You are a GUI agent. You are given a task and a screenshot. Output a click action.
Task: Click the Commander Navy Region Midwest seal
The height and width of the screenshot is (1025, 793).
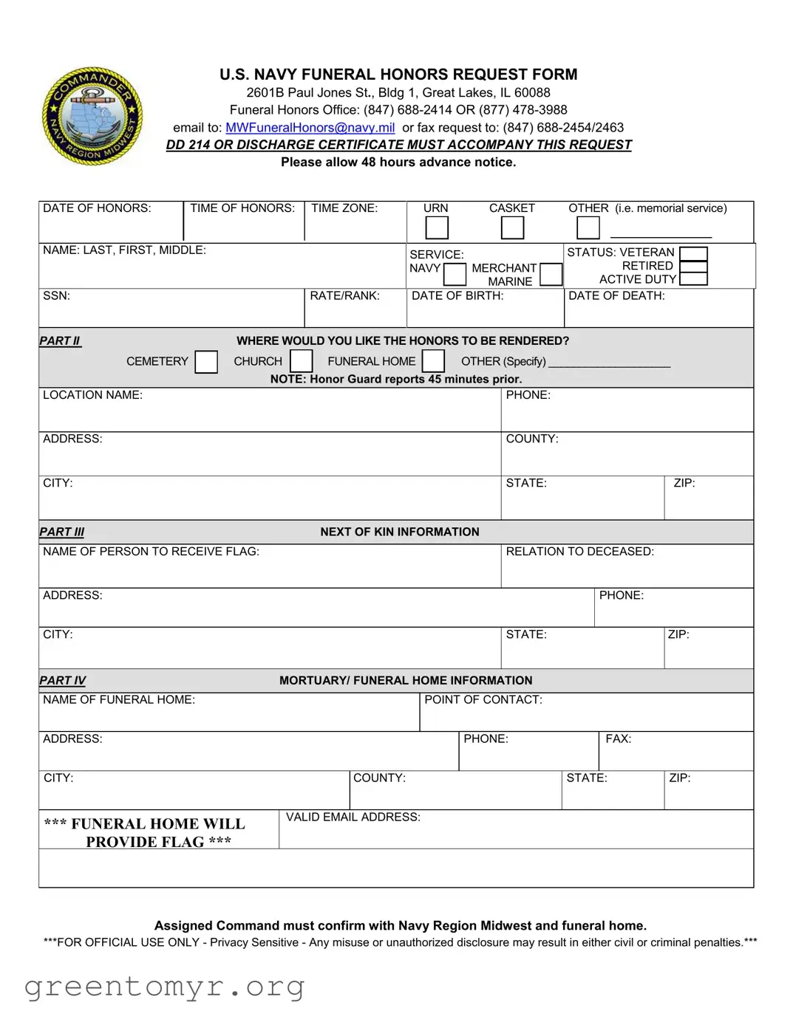point(92,116)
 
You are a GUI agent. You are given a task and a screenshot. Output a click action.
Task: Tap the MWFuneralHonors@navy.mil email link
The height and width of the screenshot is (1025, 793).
point(310,128)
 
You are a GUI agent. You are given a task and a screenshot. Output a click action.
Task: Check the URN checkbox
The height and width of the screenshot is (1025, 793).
point(437,228)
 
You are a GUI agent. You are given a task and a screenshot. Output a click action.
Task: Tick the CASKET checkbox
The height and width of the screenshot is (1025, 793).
point(512,228)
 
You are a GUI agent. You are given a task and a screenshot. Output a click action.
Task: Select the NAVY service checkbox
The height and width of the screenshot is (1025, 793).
point(455,275)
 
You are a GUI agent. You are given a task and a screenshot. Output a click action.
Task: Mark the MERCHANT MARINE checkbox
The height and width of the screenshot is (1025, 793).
point(551,275)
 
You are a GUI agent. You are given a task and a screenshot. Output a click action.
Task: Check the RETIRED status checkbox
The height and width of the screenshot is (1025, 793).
point(693,266)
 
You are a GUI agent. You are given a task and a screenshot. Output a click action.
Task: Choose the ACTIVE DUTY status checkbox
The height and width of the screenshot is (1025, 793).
point(693,279)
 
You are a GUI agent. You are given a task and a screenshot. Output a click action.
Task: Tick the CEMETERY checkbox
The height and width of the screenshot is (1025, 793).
point(206,362)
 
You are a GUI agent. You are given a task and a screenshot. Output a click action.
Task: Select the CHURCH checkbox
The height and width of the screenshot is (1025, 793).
point(301,361)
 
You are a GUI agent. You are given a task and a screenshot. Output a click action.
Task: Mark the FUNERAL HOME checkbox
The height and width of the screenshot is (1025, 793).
point(433,361)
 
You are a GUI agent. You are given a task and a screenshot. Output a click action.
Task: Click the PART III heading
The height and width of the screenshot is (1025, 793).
point(62,532)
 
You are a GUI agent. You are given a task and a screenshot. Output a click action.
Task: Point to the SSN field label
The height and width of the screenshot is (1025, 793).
point(57,296)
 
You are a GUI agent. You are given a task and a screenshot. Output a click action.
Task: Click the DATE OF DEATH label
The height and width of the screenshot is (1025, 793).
point(616,296)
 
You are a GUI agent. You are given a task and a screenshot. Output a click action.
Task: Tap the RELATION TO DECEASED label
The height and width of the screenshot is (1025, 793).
point(579,552)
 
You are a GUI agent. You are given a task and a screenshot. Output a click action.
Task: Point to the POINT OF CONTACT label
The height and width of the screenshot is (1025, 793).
point(483,700)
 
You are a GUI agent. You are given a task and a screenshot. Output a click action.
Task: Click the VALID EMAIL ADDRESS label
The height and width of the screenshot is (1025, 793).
point(353,817)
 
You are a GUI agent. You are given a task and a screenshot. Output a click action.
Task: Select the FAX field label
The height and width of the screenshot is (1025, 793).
point(619,739)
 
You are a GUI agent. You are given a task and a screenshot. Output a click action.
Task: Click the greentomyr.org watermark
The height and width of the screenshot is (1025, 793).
point(164,987)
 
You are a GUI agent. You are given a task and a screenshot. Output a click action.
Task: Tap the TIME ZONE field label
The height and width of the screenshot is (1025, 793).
point(344,208)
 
